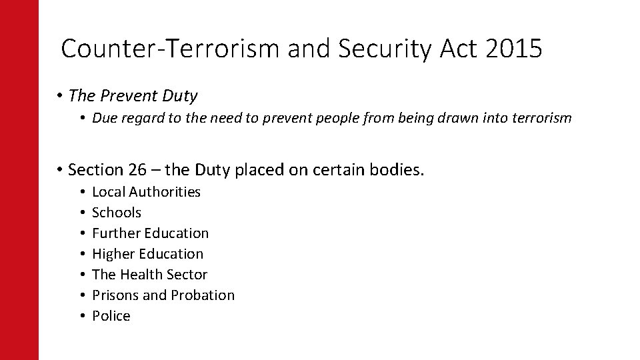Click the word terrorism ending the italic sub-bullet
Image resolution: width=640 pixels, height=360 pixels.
pos(539,118)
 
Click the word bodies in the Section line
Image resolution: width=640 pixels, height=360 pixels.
pos(397,170)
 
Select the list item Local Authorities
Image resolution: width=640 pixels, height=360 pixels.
pos(146,192)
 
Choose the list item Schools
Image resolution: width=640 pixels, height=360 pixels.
pos(117,213)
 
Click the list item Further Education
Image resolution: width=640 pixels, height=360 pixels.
pos(150,233)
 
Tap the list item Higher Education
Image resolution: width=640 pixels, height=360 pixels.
pos(147,254)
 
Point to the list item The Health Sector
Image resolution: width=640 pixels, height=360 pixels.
pos(149,275)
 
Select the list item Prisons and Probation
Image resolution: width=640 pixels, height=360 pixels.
pos(163,295)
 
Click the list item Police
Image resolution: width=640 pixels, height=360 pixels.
pos(111,316)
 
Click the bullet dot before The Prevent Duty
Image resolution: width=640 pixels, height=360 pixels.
pos(60,96)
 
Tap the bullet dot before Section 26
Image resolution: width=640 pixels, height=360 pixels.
pos(60,170)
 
